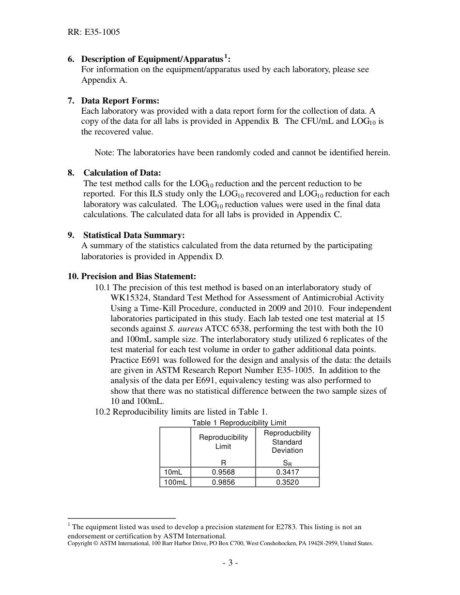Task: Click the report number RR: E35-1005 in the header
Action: click(93, 32)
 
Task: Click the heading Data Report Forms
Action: click(120, 101)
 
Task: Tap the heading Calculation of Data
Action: click(122, 173)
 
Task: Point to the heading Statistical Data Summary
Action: click(134, 235)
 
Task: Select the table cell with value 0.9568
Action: click(223, 472)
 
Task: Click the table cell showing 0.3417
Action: click(287, 472)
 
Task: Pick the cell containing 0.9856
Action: click(223, 482)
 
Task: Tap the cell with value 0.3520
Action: click(287, 482)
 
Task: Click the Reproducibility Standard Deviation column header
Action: click(287, 442)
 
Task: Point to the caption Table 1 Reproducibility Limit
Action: click(239, 423)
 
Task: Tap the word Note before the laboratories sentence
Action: click(104, 152)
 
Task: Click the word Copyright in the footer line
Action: click(79, 543)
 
